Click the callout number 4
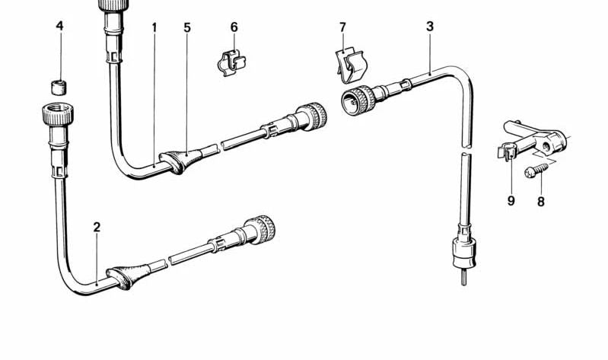click(x=59, y=26)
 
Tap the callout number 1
click(x=154, y=27)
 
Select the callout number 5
click(x=187, y=27)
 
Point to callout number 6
click(x=234, y=27)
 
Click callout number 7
click(x=342, y=27)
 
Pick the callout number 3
click(x=430, y=27)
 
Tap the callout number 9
click(x=511, y=201)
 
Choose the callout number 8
click(x=540, y=202)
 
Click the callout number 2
click(x=97, y=227)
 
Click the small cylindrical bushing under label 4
click(x=59, y=88)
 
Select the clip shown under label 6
click(x=231, y=63)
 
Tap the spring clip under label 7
click(x=351, y=65)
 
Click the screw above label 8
click(x=536, y=170)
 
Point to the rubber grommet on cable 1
click(x=181, y=160)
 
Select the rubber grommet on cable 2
click(x=129, y=277)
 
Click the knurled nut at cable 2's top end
click(x=58, y=113)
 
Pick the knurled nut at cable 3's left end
click(x=358, y=100)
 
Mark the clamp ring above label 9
click(x=508, y=151)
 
